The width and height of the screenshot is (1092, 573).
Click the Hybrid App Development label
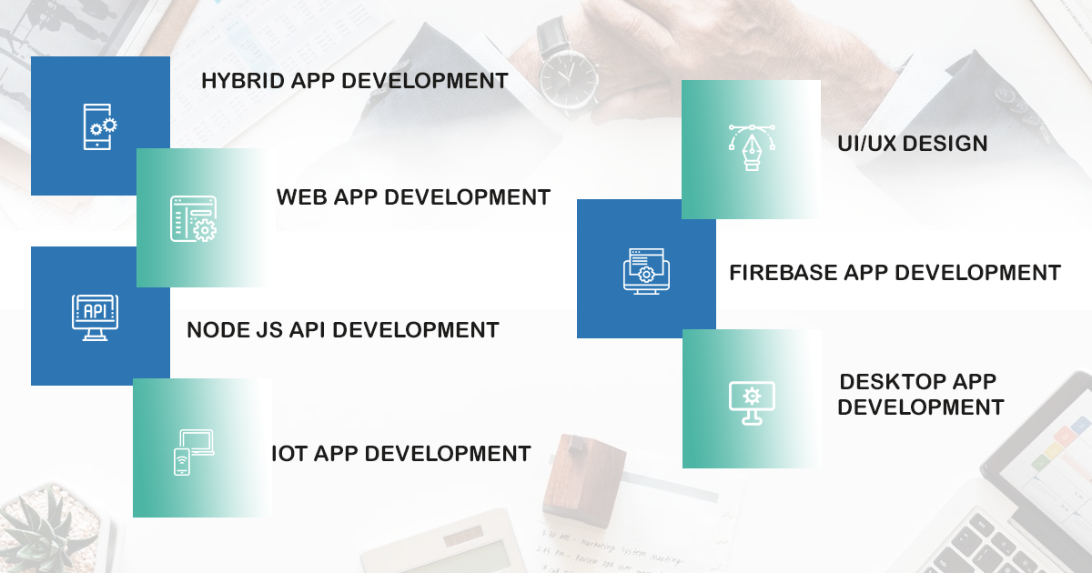(354, 81)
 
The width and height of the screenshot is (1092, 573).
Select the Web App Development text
(413, 196)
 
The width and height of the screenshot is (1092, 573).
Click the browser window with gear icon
(193, 218)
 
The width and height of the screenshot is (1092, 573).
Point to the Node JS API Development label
(342, 329)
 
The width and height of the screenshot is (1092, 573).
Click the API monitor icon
(94, 317)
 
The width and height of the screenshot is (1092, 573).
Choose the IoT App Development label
(400, 453)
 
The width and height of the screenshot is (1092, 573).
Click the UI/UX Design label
(913, 144)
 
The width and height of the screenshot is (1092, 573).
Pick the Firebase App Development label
(895, 272)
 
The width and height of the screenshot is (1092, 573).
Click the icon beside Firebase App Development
(646, 269)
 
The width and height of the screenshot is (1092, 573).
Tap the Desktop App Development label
(920, 394)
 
